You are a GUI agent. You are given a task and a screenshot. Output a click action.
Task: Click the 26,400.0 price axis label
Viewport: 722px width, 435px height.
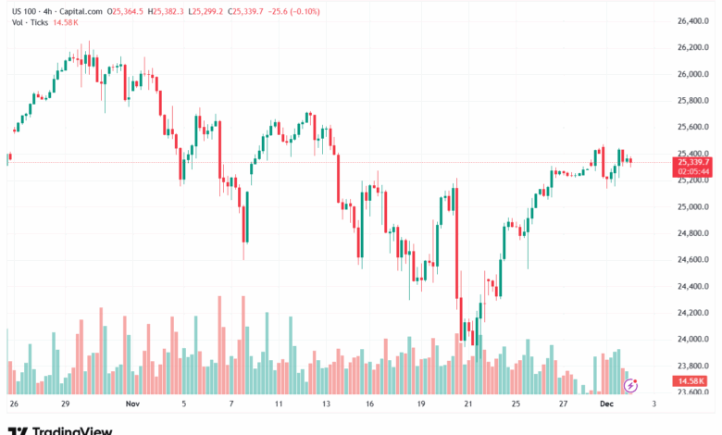[694, 20]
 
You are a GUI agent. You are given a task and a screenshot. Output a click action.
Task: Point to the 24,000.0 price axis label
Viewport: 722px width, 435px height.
[694, 340]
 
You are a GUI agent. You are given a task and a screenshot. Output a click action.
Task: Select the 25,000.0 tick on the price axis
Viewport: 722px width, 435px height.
[694, 206]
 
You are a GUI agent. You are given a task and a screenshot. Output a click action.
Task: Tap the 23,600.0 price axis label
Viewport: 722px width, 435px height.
[694, 392]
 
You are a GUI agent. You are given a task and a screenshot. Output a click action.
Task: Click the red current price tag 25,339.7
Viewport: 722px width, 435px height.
[693, 162]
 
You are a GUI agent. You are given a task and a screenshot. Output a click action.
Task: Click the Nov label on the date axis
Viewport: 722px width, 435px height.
[132, 404]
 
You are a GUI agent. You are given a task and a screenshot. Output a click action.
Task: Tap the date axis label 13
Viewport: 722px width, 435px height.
[326, 404]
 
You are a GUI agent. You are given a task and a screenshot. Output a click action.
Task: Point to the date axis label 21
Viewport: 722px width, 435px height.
[468, 404]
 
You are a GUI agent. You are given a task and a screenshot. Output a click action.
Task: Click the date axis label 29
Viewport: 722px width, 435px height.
[66, 404]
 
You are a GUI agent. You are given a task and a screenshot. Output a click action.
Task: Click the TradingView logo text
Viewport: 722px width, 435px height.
[72, 429]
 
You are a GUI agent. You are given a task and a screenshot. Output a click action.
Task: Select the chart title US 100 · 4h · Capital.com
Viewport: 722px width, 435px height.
[55, 11]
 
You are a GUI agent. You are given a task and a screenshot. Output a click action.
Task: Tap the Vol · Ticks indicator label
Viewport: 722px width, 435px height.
[29, 24]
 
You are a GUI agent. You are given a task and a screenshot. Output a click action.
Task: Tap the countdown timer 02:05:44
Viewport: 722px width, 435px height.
[693, 171]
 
